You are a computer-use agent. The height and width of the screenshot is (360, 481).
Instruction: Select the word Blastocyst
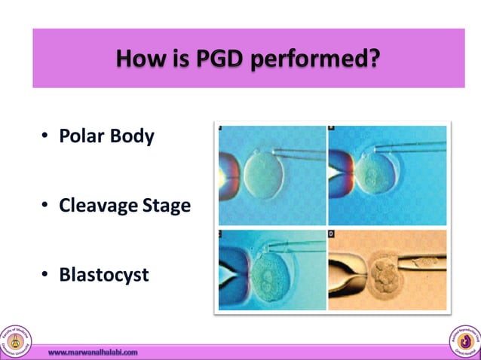point(104,275)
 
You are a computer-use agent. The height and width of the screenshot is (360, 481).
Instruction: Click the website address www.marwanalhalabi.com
point(93,352)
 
